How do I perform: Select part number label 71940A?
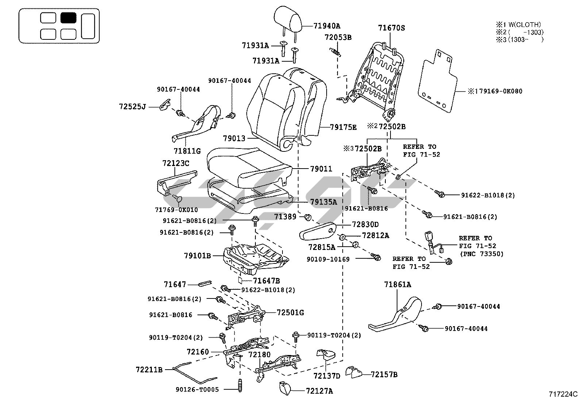[x=327, y=26]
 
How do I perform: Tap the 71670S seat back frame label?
[x=391, y=28]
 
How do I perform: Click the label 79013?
[x=234, y=139]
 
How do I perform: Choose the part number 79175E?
[x=343, y=127]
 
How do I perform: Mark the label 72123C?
[x=176, y=163]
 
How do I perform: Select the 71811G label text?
[x=187, y=151]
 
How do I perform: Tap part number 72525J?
[x=132, y=107]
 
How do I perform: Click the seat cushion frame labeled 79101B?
[x=255, y=255]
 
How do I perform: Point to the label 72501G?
[x=290, y=313]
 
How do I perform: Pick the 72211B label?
[x=149, y=370]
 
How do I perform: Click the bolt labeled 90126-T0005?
[x=240, y=386]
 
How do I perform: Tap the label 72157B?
[x=384, y=374]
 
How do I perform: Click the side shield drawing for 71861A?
[x=398, y=316]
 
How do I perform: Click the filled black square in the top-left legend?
[x=68, y=18]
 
